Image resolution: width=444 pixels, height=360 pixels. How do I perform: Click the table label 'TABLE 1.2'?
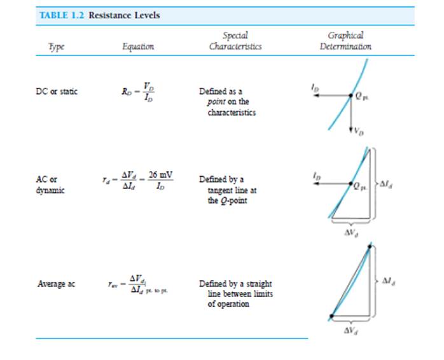coord(62,15)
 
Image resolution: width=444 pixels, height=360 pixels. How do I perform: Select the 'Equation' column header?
coord(138,46)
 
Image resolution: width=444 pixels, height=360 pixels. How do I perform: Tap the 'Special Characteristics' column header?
coord(235,41)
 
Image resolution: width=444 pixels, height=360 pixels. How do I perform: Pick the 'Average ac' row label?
coord(56,284)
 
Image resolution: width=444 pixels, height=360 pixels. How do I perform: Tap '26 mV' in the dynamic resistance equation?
coord(161,175)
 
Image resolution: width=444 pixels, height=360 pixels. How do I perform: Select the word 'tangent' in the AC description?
coord(220,190)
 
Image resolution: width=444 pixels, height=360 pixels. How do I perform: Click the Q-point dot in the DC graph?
coord(350,97)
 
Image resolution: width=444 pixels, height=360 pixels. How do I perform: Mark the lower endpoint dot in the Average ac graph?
coord(331,317)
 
